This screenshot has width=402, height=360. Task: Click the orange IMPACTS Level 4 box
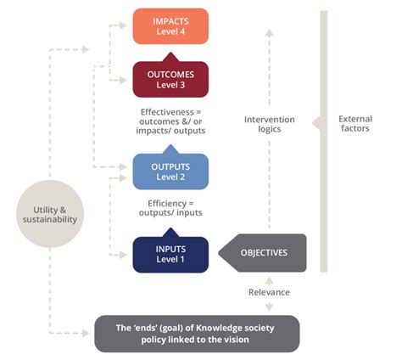coord(170,25)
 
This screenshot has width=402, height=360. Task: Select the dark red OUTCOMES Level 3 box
coord(170,79)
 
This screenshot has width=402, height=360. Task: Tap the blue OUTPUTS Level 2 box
coord(170,170)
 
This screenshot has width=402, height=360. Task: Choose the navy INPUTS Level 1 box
coord(170,254)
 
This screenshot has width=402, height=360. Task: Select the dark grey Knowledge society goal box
coord(195,331)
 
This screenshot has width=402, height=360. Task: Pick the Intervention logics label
coord(269,125)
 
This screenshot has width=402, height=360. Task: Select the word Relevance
coord(269,292)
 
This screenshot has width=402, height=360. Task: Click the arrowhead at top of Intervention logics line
coord(269,32)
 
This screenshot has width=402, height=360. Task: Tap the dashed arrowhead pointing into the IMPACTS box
coord(127,26)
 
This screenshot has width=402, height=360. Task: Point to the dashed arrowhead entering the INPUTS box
coord(127,254)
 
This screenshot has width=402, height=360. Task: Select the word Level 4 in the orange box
coord(170,32)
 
